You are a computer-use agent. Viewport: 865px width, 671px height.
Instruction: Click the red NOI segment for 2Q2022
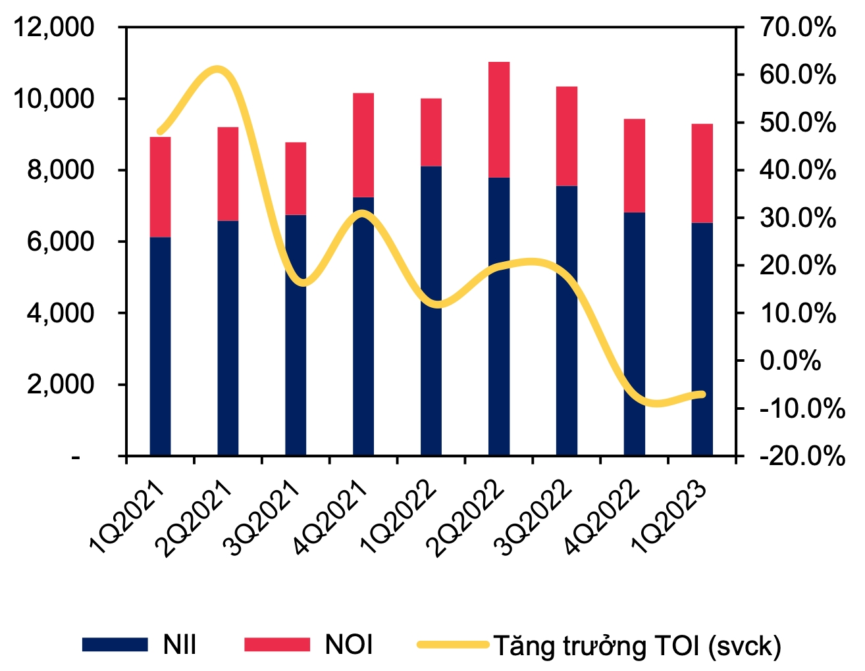499,120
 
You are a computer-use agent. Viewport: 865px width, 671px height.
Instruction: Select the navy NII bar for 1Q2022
431,311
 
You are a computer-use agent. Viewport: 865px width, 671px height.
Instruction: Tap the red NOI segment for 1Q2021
161,187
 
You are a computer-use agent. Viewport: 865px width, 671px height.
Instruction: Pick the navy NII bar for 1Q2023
702,339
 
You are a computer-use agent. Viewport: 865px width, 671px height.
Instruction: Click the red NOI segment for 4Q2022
635,166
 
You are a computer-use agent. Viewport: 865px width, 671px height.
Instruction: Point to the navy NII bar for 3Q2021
296,335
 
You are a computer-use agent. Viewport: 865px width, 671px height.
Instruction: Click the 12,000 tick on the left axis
51,28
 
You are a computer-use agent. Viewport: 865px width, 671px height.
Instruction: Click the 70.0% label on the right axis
797,28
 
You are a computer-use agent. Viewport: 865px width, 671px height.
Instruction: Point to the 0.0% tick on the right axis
790,360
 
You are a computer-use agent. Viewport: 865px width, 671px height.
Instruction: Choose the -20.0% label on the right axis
802,456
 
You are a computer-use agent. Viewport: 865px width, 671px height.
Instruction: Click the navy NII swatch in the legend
115,645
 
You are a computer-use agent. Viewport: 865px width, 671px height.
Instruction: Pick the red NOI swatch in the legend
276,645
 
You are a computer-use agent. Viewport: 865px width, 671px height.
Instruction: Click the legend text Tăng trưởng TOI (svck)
637,646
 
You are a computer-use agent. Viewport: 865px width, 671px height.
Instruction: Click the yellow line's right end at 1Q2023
702,395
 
